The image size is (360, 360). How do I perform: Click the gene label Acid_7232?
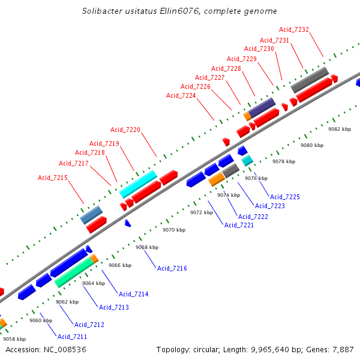[x=294, y=29]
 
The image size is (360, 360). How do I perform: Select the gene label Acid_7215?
[x=53, y=178]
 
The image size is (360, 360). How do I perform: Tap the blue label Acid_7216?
[x=172, y=268]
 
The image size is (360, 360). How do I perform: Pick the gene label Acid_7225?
[x=285, y=197]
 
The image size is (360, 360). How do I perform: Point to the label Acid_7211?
[x=72, y=337]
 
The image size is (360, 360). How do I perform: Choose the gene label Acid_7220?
[x=125, y=130]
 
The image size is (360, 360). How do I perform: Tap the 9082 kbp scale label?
[x=339, y=129]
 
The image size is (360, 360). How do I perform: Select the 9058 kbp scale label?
[x=14, y=339]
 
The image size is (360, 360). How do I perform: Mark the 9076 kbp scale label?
[x=256, y=178]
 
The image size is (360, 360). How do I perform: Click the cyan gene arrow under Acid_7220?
[x=138, y=184]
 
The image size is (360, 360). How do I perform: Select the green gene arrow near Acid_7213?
[x=74, y=272]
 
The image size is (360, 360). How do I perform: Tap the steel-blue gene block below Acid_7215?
[x=91, y=214]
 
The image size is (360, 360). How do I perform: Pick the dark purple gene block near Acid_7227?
[x=262, y=107]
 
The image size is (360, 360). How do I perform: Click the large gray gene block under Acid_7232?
[x=310, y=80]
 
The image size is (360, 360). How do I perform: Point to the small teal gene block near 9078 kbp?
[x=247, y=160]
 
